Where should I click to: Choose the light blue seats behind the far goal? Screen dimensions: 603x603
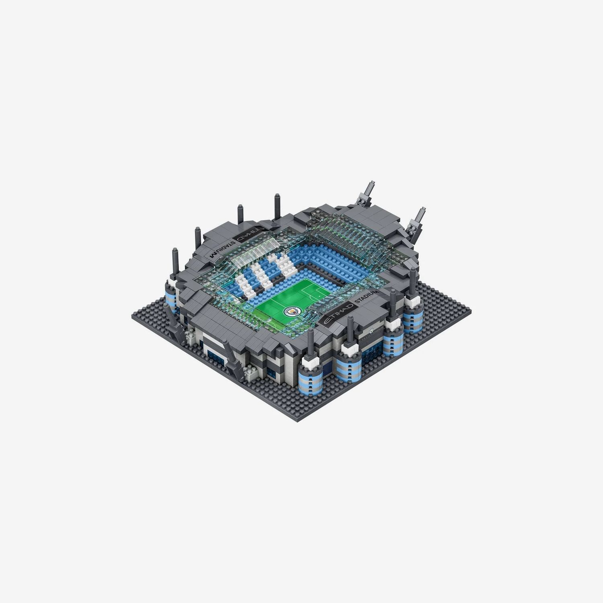322,257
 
